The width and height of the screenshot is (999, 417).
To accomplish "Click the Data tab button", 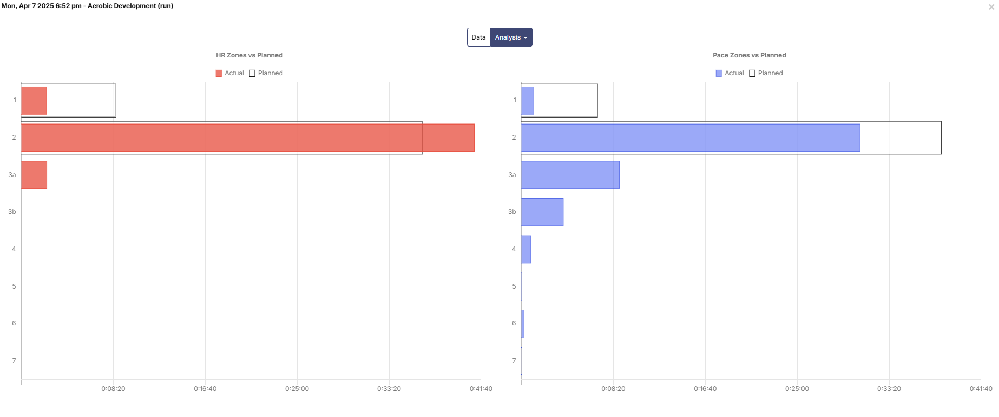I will [x=478, y=37].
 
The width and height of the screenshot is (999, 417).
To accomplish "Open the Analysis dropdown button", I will [x=511, y=37].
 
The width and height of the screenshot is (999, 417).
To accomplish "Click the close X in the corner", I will [x=991, y=7].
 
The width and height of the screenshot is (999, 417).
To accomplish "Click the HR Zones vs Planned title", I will [x=249, y=55].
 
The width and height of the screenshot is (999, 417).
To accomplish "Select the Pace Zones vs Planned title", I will [x=749, y=55].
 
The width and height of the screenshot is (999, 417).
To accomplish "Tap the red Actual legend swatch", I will [x=219, y=73].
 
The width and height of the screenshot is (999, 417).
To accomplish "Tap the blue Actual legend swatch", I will [x=719, y=73].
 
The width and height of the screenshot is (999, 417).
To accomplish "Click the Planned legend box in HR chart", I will [x=252, y=73].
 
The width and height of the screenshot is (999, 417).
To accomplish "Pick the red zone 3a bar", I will [x=34, y=175].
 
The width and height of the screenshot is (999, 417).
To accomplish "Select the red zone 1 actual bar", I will [x=34, y=100].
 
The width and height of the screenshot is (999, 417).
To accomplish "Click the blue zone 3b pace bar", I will [x=542, y=212].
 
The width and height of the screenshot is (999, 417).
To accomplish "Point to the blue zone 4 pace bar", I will [x=526, y=249].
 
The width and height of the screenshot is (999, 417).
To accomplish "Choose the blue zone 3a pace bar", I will [x=570, y=175].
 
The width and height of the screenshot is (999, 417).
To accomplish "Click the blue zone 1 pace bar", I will [x=527, y=100].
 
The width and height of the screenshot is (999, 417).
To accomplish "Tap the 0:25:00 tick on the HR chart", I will [x=297, y=389].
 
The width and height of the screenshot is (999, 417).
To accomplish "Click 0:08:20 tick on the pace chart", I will [x=613, y=389].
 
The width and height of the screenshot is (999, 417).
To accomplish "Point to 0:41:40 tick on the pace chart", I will [x=981, y=389].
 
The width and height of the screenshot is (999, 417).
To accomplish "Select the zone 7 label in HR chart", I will [x=14, y=361].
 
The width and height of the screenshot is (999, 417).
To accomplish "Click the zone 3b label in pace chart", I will [x=512, y=212].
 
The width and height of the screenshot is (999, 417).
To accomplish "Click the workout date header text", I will [x=87, y=6].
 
